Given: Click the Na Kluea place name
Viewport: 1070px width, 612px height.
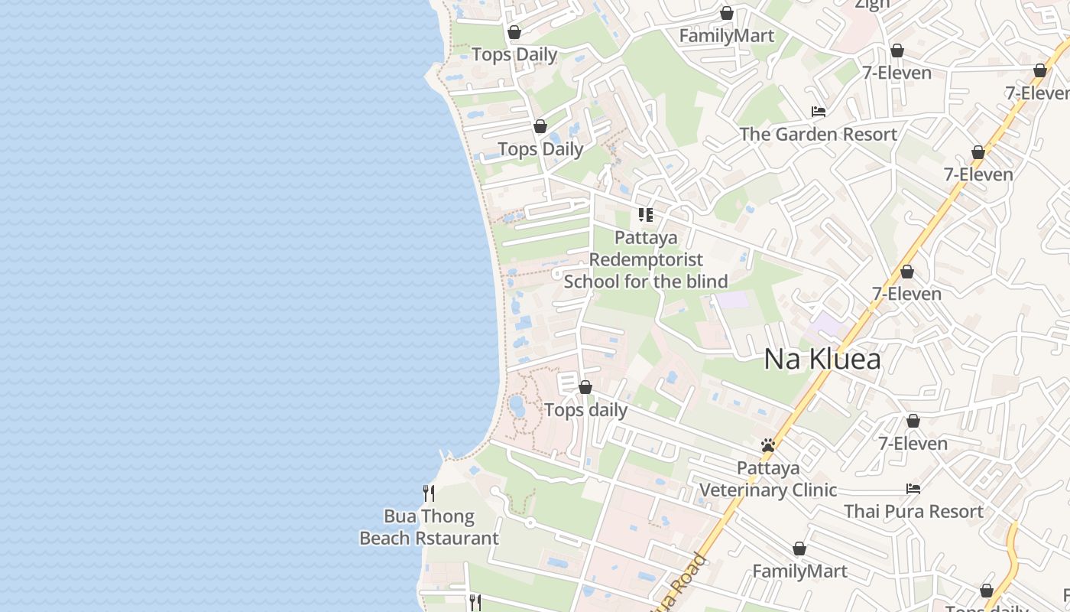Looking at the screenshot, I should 822,359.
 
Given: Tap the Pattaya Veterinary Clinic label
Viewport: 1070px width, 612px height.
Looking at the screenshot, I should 768,479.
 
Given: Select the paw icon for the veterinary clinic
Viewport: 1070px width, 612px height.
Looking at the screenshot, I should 768,445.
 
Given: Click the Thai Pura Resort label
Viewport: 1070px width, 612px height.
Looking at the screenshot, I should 913,511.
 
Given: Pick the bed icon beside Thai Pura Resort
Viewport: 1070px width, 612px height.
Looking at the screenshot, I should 913,489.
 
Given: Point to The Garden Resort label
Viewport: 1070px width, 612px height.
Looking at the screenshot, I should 818,135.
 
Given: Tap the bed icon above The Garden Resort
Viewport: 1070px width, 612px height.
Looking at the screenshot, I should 819,112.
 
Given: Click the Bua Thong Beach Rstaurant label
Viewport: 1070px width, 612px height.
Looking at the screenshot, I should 429,527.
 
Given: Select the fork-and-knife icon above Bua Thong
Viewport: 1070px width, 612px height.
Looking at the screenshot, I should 429,493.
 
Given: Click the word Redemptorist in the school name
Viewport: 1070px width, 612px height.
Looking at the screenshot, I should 646,259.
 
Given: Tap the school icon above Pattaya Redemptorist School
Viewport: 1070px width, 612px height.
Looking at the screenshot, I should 646,215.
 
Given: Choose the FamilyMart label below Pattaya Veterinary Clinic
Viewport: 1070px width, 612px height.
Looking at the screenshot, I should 799,571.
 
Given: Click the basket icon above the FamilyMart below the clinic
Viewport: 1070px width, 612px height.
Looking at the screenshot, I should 799,549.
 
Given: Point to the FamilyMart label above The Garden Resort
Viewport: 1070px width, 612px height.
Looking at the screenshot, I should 726,36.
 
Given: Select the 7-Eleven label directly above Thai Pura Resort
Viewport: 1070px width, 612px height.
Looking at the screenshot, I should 913,444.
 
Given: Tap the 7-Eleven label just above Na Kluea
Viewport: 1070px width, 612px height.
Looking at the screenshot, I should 907,294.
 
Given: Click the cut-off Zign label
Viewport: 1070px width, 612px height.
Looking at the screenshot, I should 872,5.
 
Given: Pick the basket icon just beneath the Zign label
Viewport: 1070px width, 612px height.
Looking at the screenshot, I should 897,50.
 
